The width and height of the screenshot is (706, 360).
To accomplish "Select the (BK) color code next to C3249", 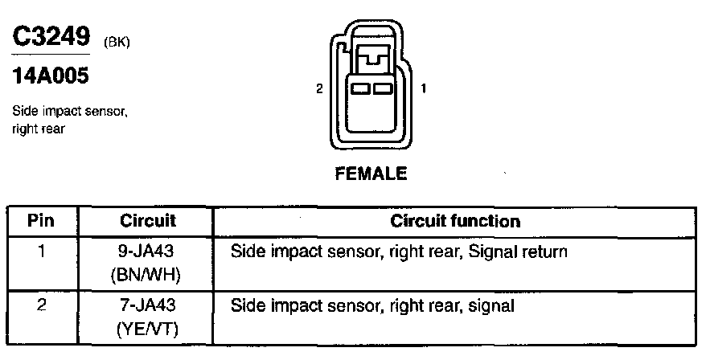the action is [117, 42].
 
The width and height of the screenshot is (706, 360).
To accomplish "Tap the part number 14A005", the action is [50, 78].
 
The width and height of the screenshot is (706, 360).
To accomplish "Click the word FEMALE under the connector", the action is [371, 173].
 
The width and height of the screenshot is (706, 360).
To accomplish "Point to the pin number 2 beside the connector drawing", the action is [319, 89].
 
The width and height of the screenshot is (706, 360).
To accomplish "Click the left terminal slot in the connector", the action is [359, 88].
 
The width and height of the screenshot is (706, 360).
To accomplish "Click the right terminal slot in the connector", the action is [382, 88].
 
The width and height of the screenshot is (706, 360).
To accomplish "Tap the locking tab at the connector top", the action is [371, 56].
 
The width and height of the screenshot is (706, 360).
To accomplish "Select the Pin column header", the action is [41, 220].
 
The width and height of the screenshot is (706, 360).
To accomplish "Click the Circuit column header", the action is [147, 220].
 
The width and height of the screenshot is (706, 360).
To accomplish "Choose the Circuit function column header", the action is [454, 220].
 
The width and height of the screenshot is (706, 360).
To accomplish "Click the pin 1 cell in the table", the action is [41, 252].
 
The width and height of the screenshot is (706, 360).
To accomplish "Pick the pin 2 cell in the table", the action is [41, 306].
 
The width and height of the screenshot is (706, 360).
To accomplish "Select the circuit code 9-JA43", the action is [147, 252].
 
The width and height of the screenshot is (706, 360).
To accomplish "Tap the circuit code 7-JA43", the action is [147, 306].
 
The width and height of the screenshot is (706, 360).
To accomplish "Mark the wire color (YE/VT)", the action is [147, 329].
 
